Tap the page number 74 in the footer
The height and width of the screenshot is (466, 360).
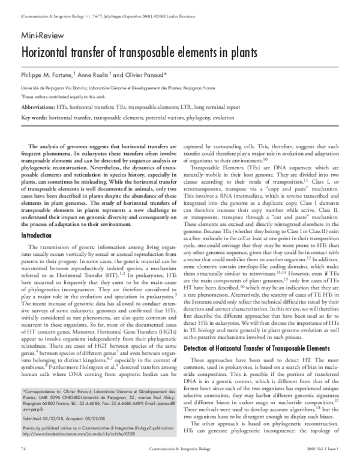coord(23,448)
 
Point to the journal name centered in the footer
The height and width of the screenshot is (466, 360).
coord(179,448)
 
